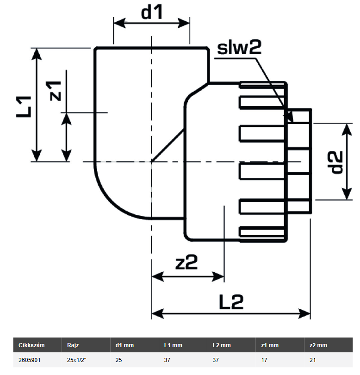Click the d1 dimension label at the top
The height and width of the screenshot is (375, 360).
tap(152, 13)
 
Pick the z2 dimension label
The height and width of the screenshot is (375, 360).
tap(186, 263)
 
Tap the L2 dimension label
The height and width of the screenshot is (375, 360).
tap(231, 303)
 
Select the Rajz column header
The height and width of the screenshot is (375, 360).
tap(73, 345)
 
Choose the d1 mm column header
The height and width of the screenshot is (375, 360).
tap(124, 345)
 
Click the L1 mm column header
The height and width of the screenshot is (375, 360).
tap(174, 345)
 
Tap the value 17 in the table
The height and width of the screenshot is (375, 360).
tap(264, 359)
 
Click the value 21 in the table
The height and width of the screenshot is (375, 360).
tap(312, 359)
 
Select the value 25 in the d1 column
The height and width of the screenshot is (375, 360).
tap(118, 359)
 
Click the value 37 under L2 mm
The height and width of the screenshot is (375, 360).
tap(216, 359)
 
